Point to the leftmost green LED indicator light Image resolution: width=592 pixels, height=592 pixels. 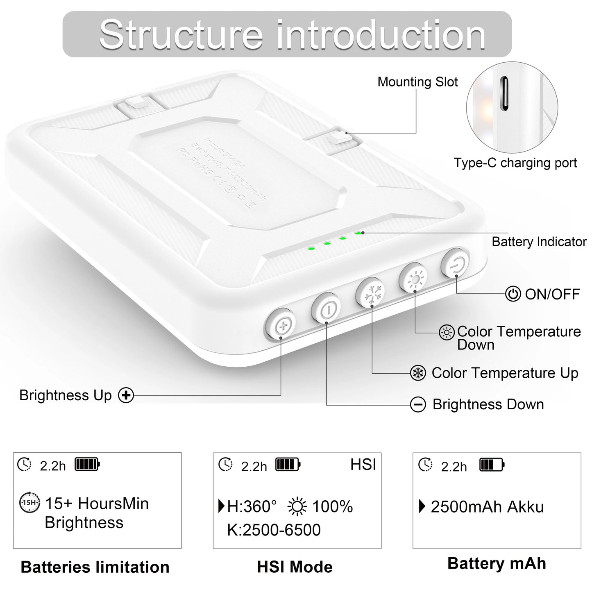tap(311, 248)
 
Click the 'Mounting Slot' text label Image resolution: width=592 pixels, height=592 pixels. tap(417, 82)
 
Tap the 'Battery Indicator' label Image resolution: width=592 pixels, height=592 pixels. tap(539, 242)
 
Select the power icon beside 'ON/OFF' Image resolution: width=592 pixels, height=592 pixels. tap(513, 294)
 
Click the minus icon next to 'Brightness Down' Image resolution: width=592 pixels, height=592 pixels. tap(418, 405)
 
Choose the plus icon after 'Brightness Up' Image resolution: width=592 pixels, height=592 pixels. tap(126, 395)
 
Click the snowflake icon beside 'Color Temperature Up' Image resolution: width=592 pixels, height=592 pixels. tap(418, 373)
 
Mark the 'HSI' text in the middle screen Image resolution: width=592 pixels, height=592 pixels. tap(363, 465)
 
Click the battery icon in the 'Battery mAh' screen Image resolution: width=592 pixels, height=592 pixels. tap(492, 465)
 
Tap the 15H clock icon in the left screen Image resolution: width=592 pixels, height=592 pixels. tap(29, 503)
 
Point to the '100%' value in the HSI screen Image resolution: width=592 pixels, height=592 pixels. tap(332, 507)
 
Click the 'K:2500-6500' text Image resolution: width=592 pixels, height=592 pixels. tap(274, 530)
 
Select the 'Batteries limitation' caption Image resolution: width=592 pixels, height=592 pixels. tap(95, 567)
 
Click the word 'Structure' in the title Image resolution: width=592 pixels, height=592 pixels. tap(181, 34)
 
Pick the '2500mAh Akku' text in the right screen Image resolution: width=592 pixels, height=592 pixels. tap(487, 507)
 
